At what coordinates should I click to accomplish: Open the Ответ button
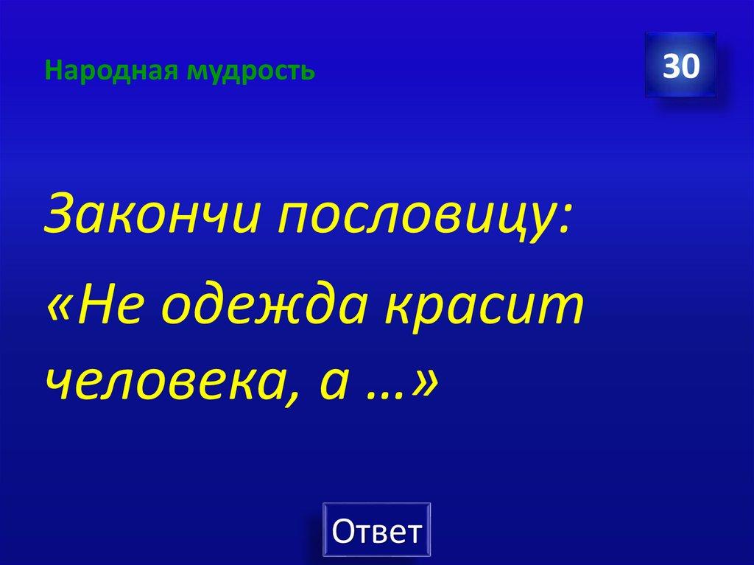pos(377,530)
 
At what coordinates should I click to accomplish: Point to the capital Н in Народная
pos(50,71)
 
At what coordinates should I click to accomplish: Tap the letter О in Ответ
pos(343,530)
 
